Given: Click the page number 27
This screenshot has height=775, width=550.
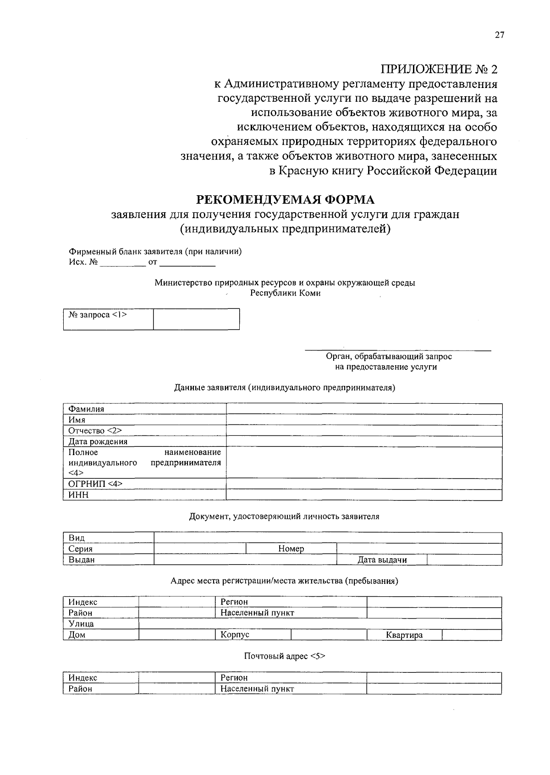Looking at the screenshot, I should (x=499, y=35).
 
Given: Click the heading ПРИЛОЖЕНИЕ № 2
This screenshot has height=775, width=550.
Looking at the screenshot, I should (x=439, y=69).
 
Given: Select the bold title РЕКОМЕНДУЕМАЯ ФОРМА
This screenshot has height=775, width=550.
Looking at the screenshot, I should (x=286, y=200).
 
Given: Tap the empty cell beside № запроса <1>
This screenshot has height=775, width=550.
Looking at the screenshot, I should (x=196, y=319).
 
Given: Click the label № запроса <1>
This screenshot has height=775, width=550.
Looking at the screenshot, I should (x=98, y=315).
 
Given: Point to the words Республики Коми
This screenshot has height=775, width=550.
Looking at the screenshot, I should (x=285, y=293).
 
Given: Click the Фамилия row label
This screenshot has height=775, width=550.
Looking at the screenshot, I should (x=86, y=409).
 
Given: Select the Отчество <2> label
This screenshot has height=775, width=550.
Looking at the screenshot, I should (x=95, y=431).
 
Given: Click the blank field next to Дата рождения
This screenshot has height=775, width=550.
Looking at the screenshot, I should (x=364, y=441).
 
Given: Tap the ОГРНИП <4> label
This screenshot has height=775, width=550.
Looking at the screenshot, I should (x=95, y=484).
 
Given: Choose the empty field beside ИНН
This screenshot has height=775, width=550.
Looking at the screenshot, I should (x=364, y=495).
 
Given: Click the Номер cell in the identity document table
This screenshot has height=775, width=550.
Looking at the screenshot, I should (x=291, y=549).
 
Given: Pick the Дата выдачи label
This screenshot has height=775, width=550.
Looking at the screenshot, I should (x=382, y=560).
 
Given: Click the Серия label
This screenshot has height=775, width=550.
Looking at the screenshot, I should (x=81, y=549).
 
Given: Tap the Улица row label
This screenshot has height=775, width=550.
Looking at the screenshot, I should (x=81, y=624).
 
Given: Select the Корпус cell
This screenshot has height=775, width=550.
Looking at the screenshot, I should (x=235, y=635).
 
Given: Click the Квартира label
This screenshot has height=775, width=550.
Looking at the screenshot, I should (x=404, y=635).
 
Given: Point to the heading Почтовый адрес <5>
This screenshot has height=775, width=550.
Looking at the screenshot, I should (x=285, y=656).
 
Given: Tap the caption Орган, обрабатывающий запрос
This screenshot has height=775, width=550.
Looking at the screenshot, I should (x=389, y=356).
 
